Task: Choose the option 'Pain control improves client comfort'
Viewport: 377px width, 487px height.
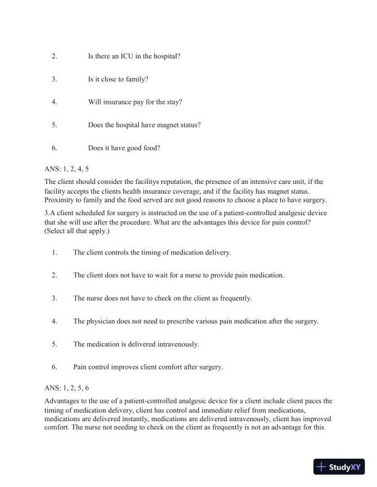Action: (x=148, y=367)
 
